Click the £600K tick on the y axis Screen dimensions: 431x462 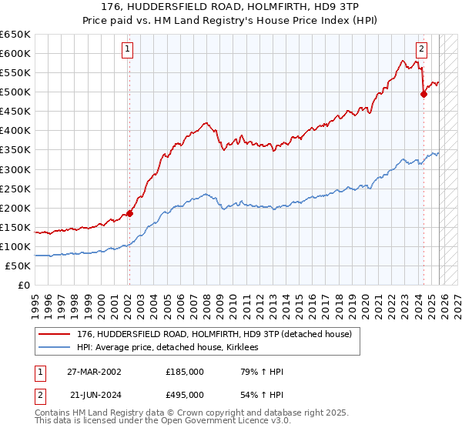[15, 53]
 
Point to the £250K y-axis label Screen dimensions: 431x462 [15, 189]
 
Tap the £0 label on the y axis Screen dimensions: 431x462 [23, 286]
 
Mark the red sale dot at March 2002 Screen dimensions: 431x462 [129, 213]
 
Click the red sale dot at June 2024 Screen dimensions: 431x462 [423, 94]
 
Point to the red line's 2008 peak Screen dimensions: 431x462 [206, 122]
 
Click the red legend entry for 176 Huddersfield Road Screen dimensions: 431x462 [214, 334]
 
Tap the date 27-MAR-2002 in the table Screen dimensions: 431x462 [93, 372]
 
